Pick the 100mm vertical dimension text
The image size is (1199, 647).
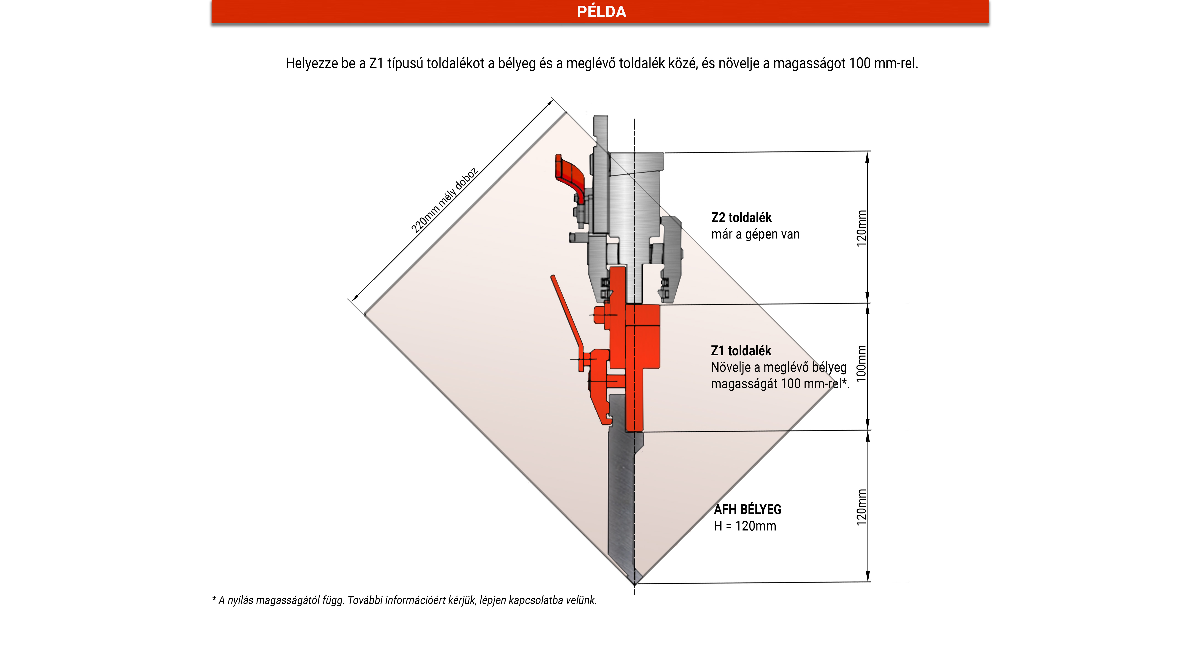point(862,363)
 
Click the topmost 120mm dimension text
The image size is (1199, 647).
point(862,228)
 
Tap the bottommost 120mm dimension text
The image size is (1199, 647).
point(862,507)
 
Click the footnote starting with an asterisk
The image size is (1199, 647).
point(404,600)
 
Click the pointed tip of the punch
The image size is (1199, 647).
point(634,584)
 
